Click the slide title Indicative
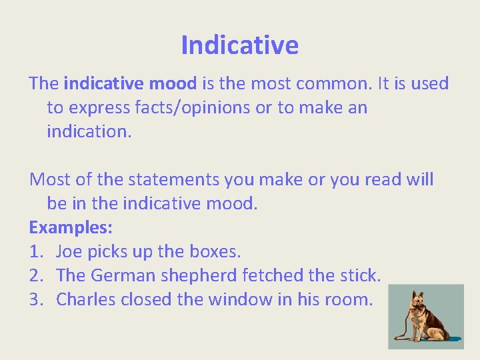(239, 45)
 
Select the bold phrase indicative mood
(130, 84)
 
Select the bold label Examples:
(71, 228)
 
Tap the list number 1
(35, 252)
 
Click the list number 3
(35, 300)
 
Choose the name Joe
(70, 252)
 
